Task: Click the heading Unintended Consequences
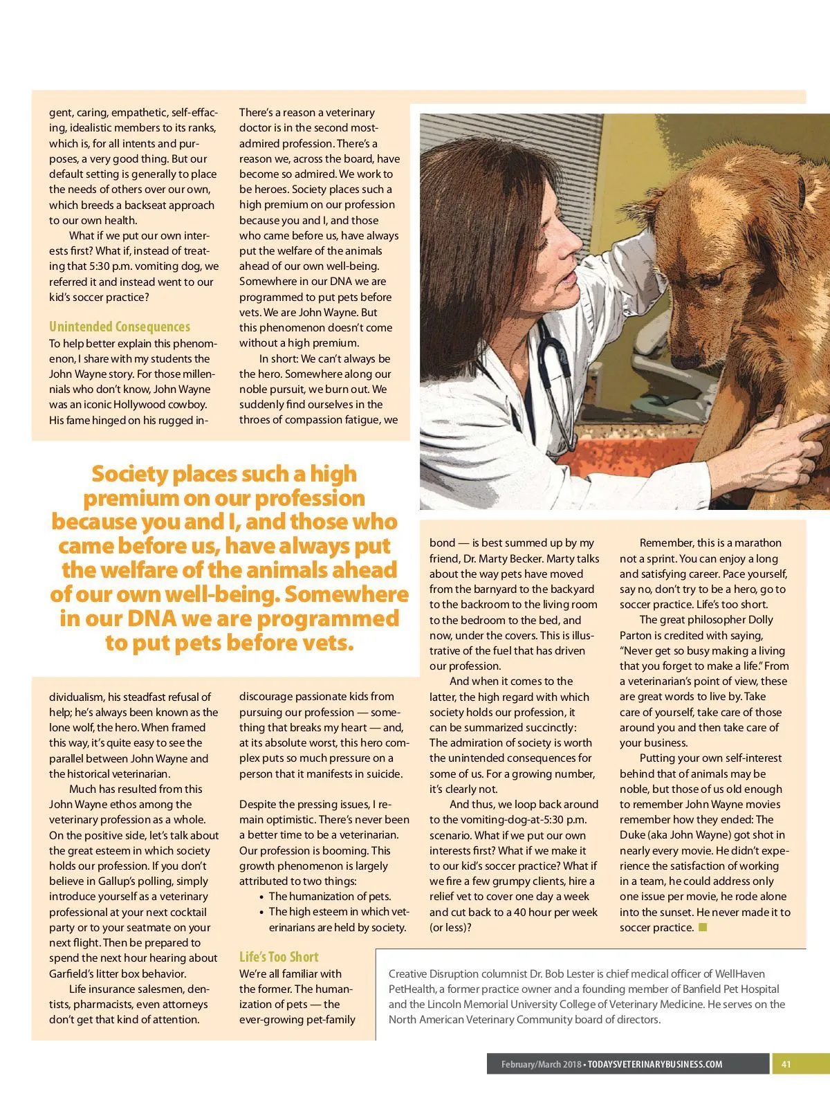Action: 119,327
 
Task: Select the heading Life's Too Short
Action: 279,957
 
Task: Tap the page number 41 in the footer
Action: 786,1064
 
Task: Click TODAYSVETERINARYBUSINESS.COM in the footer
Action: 655,1064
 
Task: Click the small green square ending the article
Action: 703,927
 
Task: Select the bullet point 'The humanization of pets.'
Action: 329,897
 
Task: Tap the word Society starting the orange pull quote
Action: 130,474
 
